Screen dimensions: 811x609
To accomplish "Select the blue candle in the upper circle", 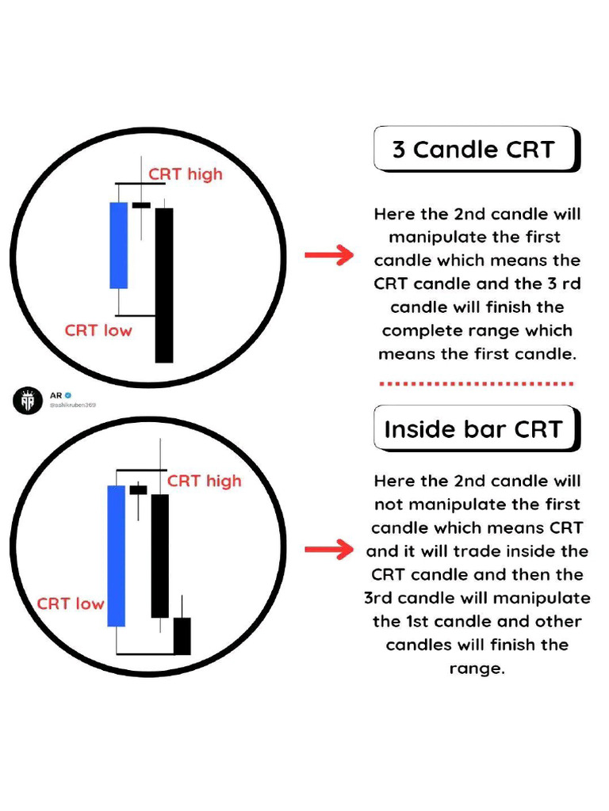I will [x=118, y=246].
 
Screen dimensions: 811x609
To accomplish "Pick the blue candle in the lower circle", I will [x=116, y=556].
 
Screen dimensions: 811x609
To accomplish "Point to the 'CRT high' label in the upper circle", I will [x=186, y=173].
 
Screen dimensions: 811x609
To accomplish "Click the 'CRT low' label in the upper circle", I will [x=98, y=329].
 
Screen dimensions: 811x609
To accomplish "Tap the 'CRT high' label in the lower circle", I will [x=204, y=481].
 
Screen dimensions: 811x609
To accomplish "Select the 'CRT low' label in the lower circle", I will [x=71, y=603].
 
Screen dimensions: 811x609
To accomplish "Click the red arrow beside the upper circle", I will [x=328, y=255].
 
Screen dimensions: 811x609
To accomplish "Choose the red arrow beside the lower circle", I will [x=328, y=550].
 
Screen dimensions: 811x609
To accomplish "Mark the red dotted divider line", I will [x=476, y=384].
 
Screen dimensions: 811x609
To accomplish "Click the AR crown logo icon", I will [x=25, y=401].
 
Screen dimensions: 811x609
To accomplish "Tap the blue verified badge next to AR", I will [x=68, y=394].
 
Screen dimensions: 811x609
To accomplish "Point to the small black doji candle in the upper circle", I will [x=141, y=205].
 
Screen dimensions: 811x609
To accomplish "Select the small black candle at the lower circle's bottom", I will [x=182, y=635].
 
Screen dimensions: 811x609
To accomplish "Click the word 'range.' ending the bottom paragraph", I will [x=477, y=668].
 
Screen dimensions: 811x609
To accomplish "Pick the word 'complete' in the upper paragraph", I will [x=421, y=330].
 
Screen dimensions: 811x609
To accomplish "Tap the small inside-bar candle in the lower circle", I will [x=139, y=490].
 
